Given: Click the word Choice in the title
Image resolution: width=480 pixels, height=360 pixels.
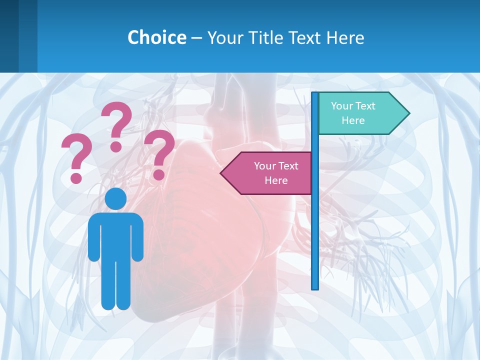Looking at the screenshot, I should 156,37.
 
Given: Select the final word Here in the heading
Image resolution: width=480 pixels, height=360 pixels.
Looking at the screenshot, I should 345,37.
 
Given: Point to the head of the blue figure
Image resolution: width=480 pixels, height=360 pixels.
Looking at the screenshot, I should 115,198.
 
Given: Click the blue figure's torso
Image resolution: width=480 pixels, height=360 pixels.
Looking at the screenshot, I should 115,235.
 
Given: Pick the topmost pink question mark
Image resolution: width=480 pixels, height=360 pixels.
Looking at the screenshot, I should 117,122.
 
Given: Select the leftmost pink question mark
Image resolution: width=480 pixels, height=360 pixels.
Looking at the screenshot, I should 76,155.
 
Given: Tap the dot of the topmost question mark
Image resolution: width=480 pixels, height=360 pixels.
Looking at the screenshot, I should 116,146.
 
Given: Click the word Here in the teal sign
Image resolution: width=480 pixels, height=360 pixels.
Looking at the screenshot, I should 353,120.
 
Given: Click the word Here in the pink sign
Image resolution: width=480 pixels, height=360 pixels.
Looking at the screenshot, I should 276,180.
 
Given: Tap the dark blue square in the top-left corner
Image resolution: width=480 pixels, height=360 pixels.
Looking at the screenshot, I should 9,36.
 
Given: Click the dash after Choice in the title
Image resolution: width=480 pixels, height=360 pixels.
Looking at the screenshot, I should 196,38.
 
